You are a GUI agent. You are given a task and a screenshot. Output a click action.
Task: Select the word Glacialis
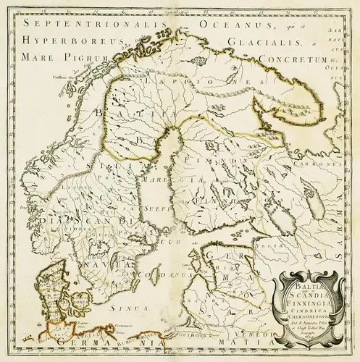point(269,42)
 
